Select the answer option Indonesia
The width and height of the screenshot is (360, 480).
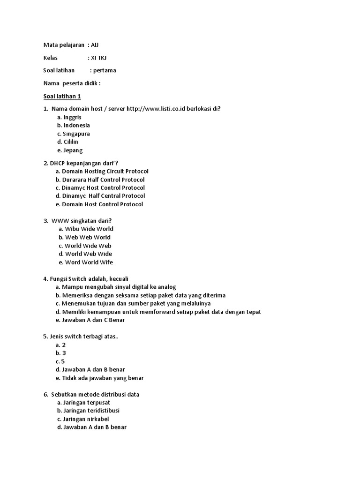pos(76,125)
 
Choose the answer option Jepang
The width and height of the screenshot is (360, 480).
pos(73,150)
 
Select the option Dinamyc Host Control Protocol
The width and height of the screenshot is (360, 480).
pos(104,187)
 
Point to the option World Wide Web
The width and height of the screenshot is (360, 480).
pos(88,246)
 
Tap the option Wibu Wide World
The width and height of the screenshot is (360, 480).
pos(89,229)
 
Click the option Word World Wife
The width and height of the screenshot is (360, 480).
pos(89,262)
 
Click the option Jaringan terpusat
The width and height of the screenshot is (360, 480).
pos(87,402)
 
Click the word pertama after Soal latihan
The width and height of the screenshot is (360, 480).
pos(105,70)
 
